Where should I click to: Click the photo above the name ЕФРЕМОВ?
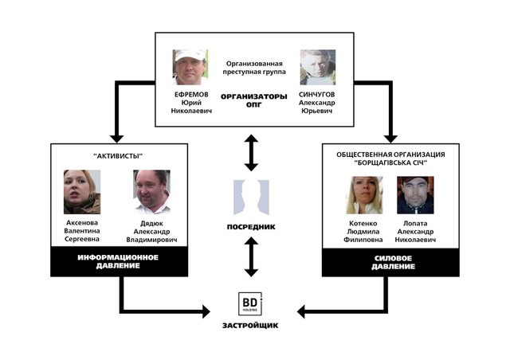[x=190, y=68]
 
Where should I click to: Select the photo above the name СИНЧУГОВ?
[x=318, y=68]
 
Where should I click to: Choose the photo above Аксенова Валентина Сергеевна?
[x=82, y=192]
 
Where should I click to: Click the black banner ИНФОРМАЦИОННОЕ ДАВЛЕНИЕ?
[x=118, y=261]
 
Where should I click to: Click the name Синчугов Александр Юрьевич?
[x=318, y=103]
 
